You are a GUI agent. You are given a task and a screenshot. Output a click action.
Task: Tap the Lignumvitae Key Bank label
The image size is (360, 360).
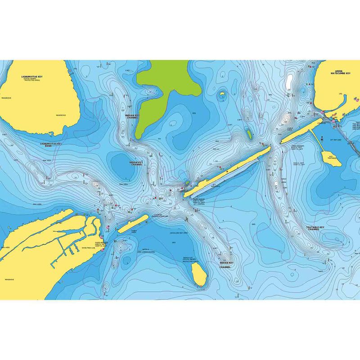coord(50,145)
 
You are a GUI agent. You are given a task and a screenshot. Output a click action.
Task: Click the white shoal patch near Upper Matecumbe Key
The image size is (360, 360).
coord(289,81)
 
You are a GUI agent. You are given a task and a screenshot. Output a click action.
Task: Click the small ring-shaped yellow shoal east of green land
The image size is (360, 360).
coord(221,94)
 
